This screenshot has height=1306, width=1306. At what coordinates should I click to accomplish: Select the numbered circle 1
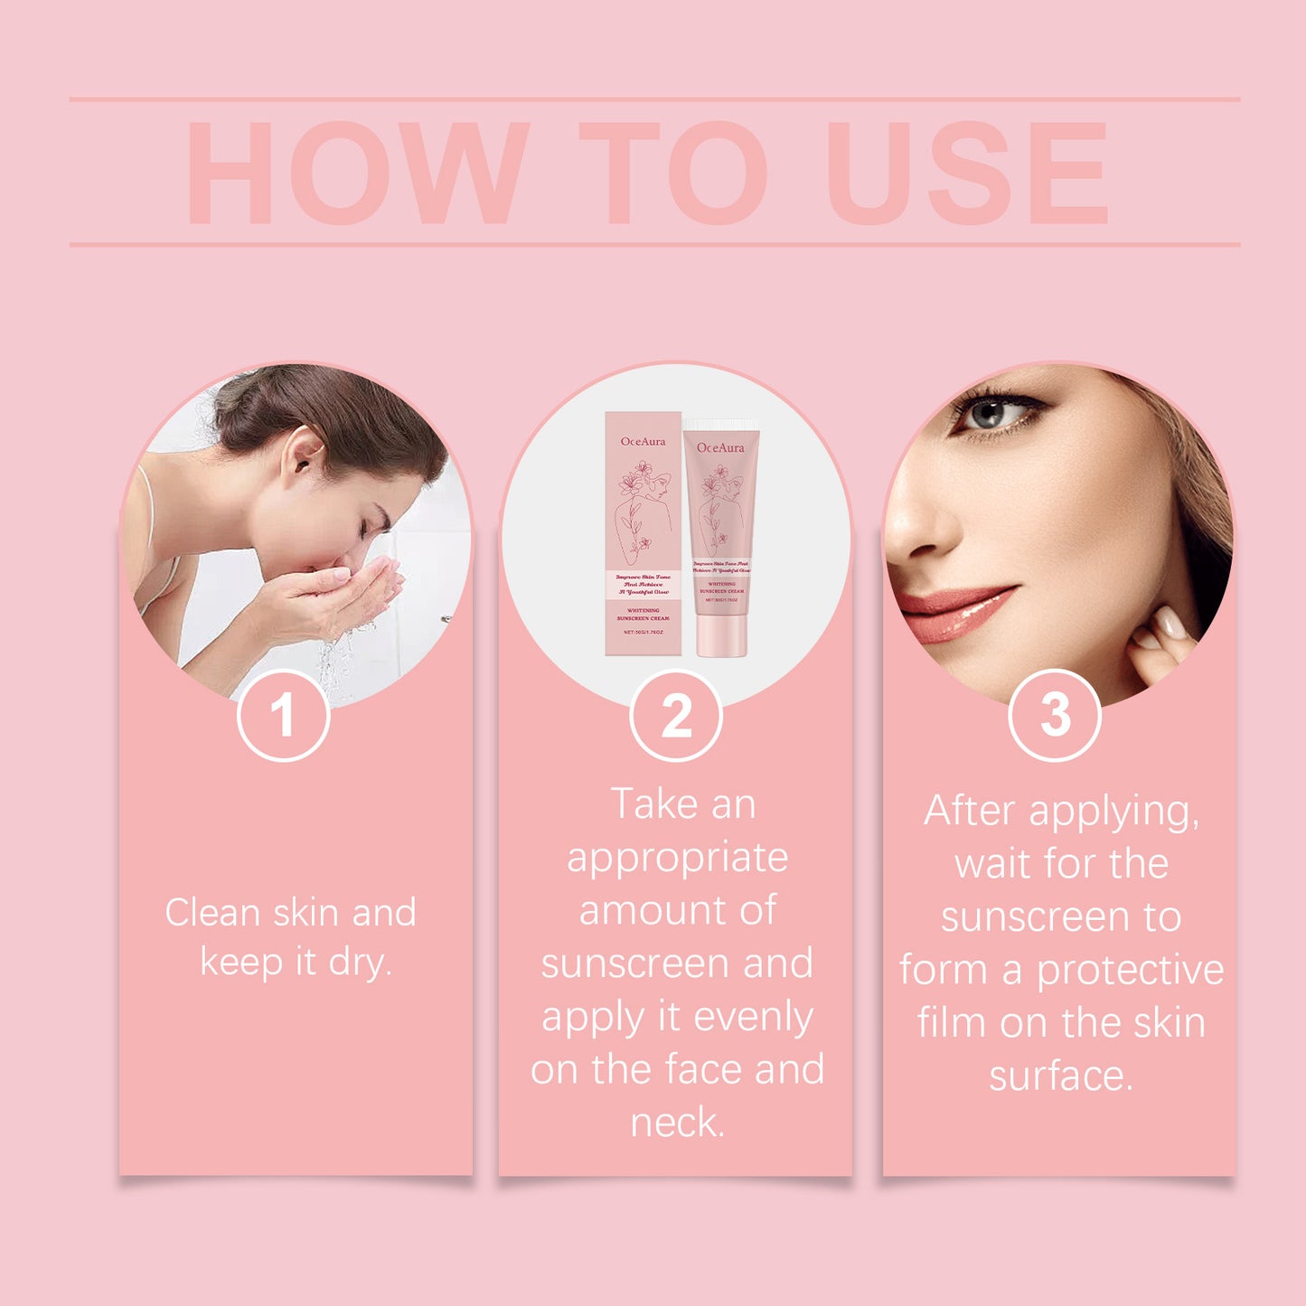click(x=283, y=716)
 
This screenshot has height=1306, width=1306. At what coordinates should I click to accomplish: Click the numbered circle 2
click(x=676, y=716)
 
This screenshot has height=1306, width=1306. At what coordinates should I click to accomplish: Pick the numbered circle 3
click(x=1055, y=715)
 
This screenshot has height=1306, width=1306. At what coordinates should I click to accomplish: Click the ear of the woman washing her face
click(x=303, y=451)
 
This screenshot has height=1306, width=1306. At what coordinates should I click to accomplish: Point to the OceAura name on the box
click(x=643, y=441)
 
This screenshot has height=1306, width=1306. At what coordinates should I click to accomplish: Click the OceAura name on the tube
click(x=720, y=447)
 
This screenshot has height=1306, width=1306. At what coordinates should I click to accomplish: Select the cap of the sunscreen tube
click(x=720, y=636)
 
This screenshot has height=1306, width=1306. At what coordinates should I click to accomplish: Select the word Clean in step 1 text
click(x=212, y=913)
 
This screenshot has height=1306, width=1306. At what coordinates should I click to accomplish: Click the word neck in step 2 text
click(x=677, y=1123)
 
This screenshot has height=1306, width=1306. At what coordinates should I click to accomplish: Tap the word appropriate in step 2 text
click(x=677, y=858)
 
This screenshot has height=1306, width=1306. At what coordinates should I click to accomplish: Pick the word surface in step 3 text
click(x=1060, y=1076)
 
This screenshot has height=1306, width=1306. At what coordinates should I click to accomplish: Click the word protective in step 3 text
click(x=1130, y=971)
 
